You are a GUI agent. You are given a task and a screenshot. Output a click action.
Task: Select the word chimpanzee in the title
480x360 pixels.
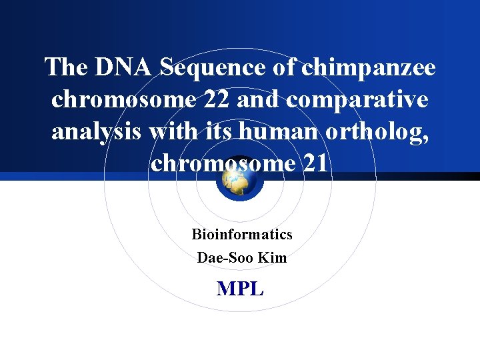[x=369, y=67]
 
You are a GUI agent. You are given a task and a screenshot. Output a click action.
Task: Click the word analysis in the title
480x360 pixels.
[x=97, y=131]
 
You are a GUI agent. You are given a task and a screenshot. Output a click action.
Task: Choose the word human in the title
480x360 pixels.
[x=281, y=131]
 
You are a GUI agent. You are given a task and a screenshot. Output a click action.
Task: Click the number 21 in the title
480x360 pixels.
[x=315, y=163]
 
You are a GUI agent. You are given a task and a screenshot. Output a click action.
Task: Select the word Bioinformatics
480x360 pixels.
[x=242, y=235]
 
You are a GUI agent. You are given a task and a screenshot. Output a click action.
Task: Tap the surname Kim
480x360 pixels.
[x=272, y=257]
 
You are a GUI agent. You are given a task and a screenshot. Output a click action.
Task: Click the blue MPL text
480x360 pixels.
[x=240, y=289]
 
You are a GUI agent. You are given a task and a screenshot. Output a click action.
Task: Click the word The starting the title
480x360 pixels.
[x=65, y=67]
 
